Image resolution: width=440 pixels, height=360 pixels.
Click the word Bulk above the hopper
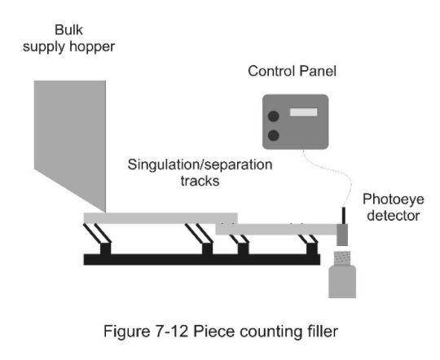pyautogui.click(x=68, y=30)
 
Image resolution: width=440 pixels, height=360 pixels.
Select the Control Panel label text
pyautogui.click(x=293, y=71)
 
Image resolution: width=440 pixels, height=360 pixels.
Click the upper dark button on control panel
pyautogui.click(x=273, y=116)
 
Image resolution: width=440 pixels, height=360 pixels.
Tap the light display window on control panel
pyautogui.click(x=303, y=112)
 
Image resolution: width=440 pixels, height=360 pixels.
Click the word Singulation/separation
pyautogui.click(x=200, y=165)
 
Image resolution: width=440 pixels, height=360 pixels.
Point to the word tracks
pyautogui.click(x=200, y=181)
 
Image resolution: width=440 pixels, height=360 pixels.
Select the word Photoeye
pyautogui.click(x=393, y=200)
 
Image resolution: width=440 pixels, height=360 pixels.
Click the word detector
pyautogui.click(x=394, y=216)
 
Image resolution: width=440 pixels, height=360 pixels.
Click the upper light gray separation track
pyautogui.click(x=161, y=218)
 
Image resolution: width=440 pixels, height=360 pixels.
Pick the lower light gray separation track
pyautogui.click(x=276, y=229)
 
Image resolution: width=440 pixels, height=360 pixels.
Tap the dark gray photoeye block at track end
pyautogui.click(x=342, y=235)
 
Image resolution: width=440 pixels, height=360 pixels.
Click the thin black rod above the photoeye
pyautogui.click(x=344, y=216)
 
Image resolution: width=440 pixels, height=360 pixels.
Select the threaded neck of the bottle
pyautogui.click(x=342, y=258)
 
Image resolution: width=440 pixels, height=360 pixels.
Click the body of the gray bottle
pyautogui.click(x=342, y=282)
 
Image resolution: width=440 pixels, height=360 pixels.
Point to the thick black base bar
pyautogui.click(x=202, y=260)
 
